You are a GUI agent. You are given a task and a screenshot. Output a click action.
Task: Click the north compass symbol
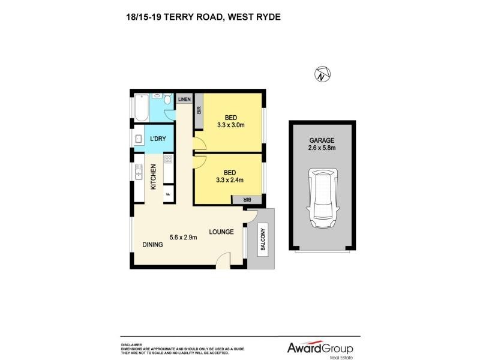[x=322, y=75]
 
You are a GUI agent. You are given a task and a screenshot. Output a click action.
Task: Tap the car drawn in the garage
[x=322, y=198]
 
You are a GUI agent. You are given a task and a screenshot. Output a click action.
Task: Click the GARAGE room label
[x=322, y=140]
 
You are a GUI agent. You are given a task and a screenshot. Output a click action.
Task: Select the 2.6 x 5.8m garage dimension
[x=322, y=148]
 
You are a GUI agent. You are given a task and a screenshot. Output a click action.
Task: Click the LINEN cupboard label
[x=184, y=99]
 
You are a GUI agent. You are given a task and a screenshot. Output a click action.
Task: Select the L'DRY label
[x=158, y=139]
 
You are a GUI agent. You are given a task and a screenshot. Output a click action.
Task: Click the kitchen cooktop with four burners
[x=169, y=160]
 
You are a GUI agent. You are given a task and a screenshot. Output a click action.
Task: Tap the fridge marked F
[x=168, y=194]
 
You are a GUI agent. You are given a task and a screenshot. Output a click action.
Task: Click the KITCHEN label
[x=153, y=177]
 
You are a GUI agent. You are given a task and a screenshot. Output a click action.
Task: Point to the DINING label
[x=153, y=244]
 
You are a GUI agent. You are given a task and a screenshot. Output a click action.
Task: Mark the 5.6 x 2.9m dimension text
[x=184, y=237]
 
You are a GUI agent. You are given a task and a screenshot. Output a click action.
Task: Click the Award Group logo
[x=318, y=348]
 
